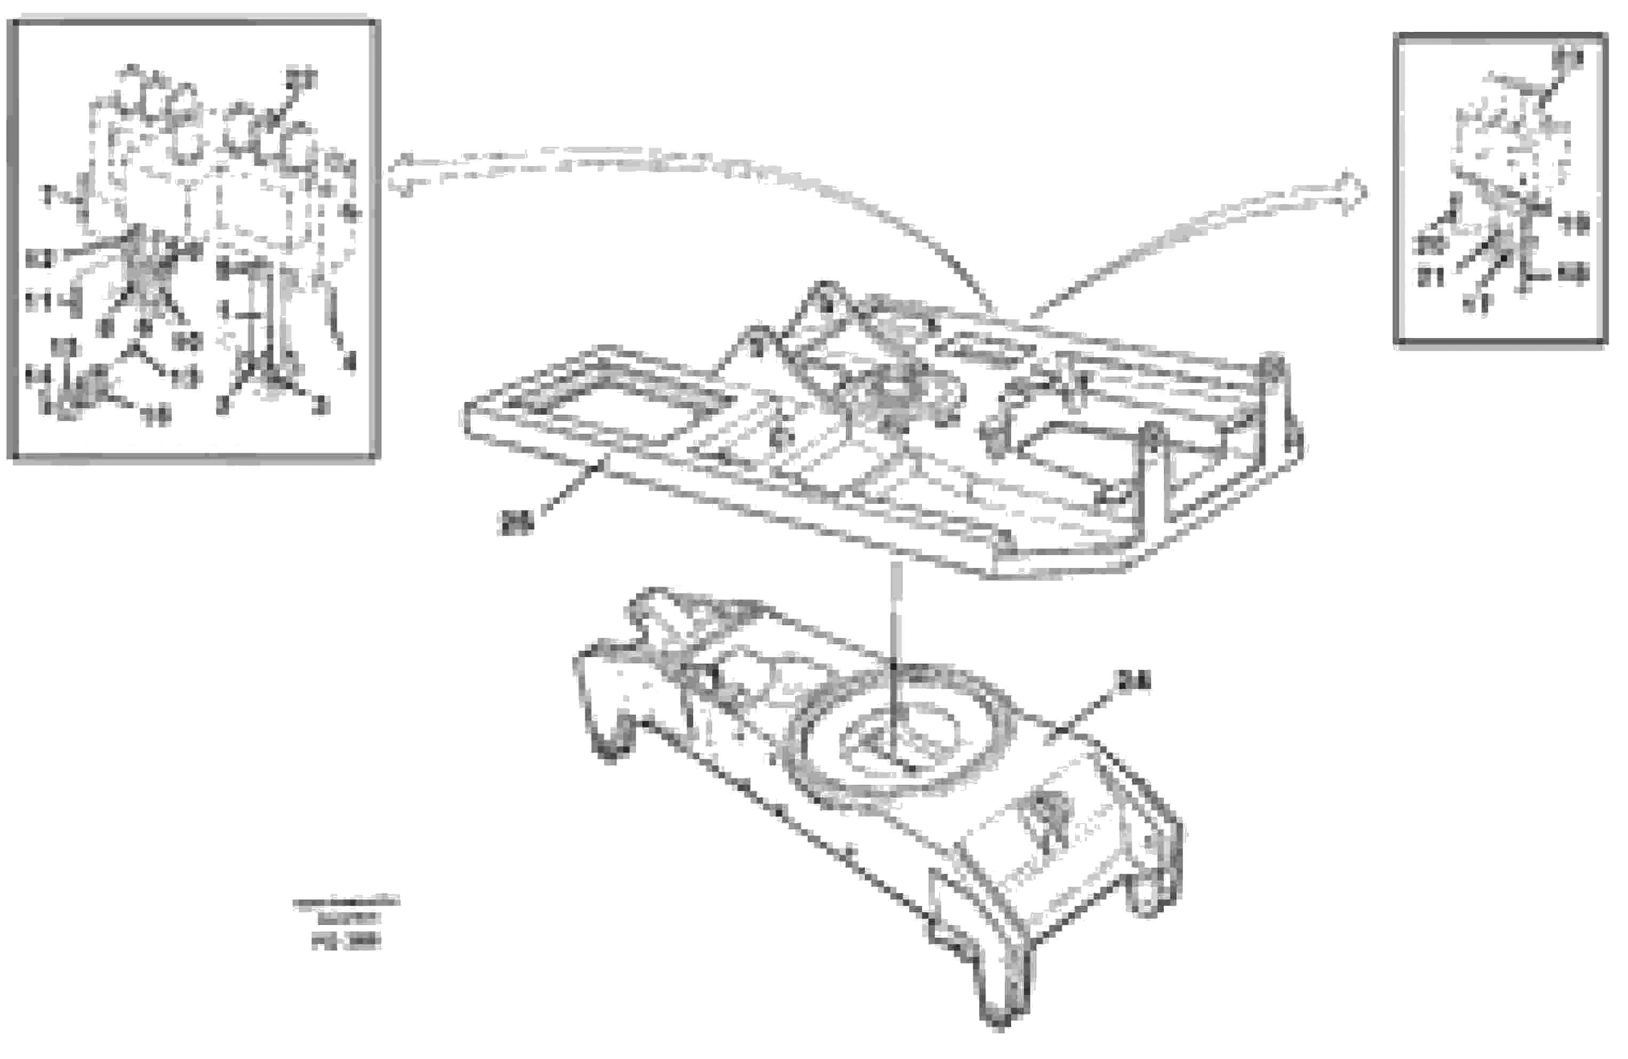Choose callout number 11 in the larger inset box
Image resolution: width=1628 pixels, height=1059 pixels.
tap(39, 301)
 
